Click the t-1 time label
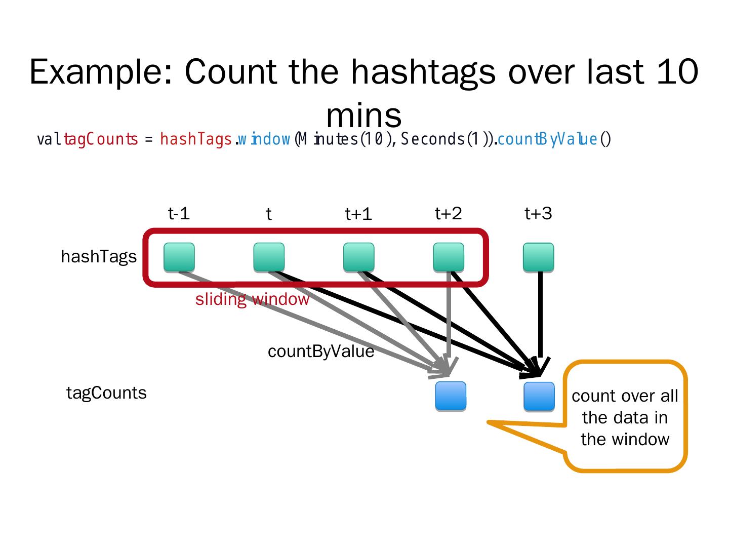179,214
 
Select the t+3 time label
538,214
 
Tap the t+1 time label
358,214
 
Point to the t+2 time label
449,214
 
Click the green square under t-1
179,257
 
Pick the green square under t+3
539,257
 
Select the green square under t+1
359,257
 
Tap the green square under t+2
449,257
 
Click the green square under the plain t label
269,257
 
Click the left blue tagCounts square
451,396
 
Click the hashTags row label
99,257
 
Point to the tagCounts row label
106,393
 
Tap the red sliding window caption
252,299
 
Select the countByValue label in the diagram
321,351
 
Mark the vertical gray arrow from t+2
449,319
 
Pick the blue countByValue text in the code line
547,139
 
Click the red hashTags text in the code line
196,139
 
